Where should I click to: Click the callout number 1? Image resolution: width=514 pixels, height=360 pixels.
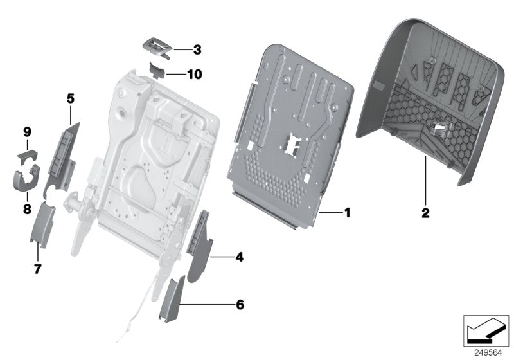click(347, 212)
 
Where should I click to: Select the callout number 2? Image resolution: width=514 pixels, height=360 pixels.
click(425, 211)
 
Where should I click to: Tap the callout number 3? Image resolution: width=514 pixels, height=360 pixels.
click(197, 49)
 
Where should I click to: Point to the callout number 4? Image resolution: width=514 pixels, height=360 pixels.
click(239, 258)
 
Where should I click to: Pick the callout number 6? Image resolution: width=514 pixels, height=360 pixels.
click(240, 304)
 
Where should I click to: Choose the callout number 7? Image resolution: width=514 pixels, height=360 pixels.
click(37, 269)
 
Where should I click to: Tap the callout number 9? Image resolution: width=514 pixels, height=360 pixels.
click(27, 132)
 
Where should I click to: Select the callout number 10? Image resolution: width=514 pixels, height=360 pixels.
click(194, 75)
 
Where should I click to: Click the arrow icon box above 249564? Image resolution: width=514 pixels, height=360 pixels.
click(485, 330)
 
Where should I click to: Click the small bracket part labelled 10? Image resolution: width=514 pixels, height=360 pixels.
click(157, 69)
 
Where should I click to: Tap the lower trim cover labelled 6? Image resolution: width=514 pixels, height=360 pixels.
click(172, 300)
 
